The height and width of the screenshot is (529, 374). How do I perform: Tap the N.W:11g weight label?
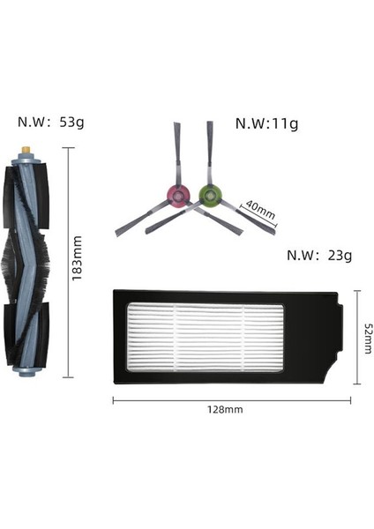[266, 123]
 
